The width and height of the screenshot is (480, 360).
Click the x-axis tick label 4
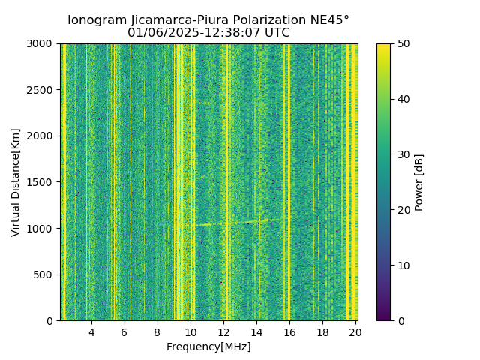point(91,331)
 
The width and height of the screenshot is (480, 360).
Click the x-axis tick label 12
point(223,331)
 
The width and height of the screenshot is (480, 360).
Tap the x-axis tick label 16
point(289,331)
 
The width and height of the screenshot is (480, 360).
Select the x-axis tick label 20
point(355,331)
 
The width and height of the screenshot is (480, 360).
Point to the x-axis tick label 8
point(157,331)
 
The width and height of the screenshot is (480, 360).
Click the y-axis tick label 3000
point(42,44)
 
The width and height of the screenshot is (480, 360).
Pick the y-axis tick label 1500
point(42,182)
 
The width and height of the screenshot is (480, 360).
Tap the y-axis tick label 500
point(45,274)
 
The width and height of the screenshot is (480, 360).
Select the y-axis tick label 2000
point(42,136)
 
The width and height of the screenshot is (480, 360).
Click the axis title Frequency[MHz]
point(208,346)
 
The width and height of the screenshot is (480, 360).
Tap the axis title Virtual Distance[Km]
point(16,182)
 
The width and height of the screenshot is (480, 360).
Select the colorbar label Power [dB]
point(419,182)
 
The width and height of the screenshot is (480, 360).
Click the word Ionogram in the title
point(95,20)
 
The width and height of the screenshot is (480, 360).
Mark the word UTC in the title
point(277,33)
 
